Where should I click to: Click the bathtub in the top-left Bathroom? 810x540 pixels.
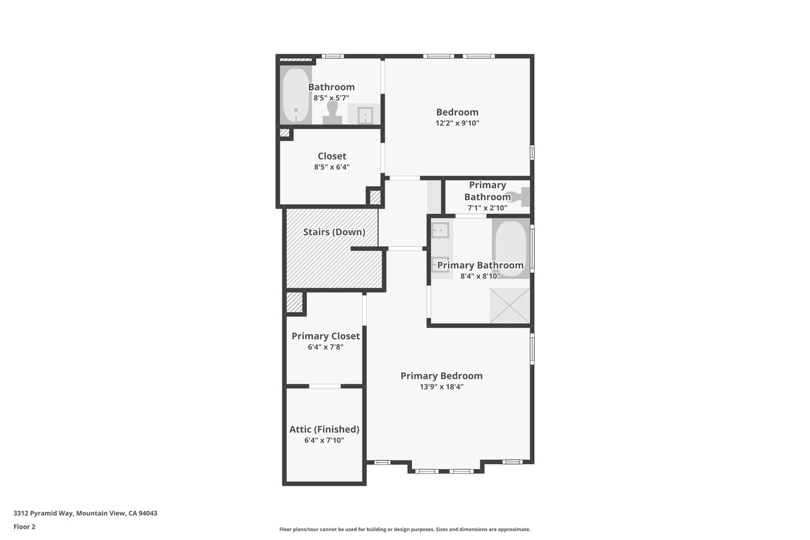pyautogui.click(x=296, y=95)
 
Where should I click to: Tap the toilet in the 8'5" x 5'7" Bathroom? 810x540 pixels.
pyautogui.click(x=332, y=113)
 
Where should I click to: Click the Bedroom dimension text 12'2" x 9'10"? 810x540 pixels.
pyautogui.click(x=457, y=123)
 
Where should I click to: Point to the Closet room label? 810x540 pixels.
pyautogui.click(x=332, y=156)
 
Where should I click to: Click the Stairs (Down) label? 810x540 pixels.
pyautogui.click(x=334, y=232)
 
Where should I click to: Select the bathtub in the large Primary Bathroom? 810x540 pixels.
pyautogui.click(x=511, y=249)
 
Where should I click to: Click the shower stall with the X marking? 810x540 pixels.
pyautogui.click(x=509, y=305)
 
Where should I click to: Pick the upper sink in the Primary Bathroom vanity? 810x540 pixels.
pyautogui.click(x=440, y=230)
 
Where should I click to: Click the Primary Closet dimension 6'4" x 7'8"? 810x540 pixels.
pyautogui.click(x=325, y=347)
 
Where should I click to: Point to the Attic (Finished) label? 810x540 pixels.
pyautogui.click(x=325, y=429)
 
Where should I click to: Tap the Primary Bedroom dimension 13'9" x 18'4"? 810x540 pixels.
pyautogui.click(x=442, y=387)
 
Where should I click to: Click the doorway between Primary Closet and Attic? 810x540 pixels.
pyautogui.click(x=325, y=386)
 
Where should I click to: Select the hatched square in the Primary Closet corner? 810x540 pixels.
pyautogui.click(x=294, y=303)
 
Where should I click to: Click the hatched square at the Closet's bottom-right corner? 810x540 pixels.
pyautogui.click(x=375, y=198)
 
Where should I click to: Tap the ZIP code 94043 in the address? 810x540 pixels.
pyautogui.click(x=148, y=513)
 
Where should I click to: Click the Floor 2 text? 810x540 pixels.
pyautogui.click(x=25, y=527)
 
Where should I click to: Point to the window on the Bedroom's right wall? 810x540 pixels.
pyautogui.click(x=532, y=153)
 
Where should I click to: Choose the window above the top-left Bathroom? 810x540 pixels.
pyautogui.click(x=333, y=56)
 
